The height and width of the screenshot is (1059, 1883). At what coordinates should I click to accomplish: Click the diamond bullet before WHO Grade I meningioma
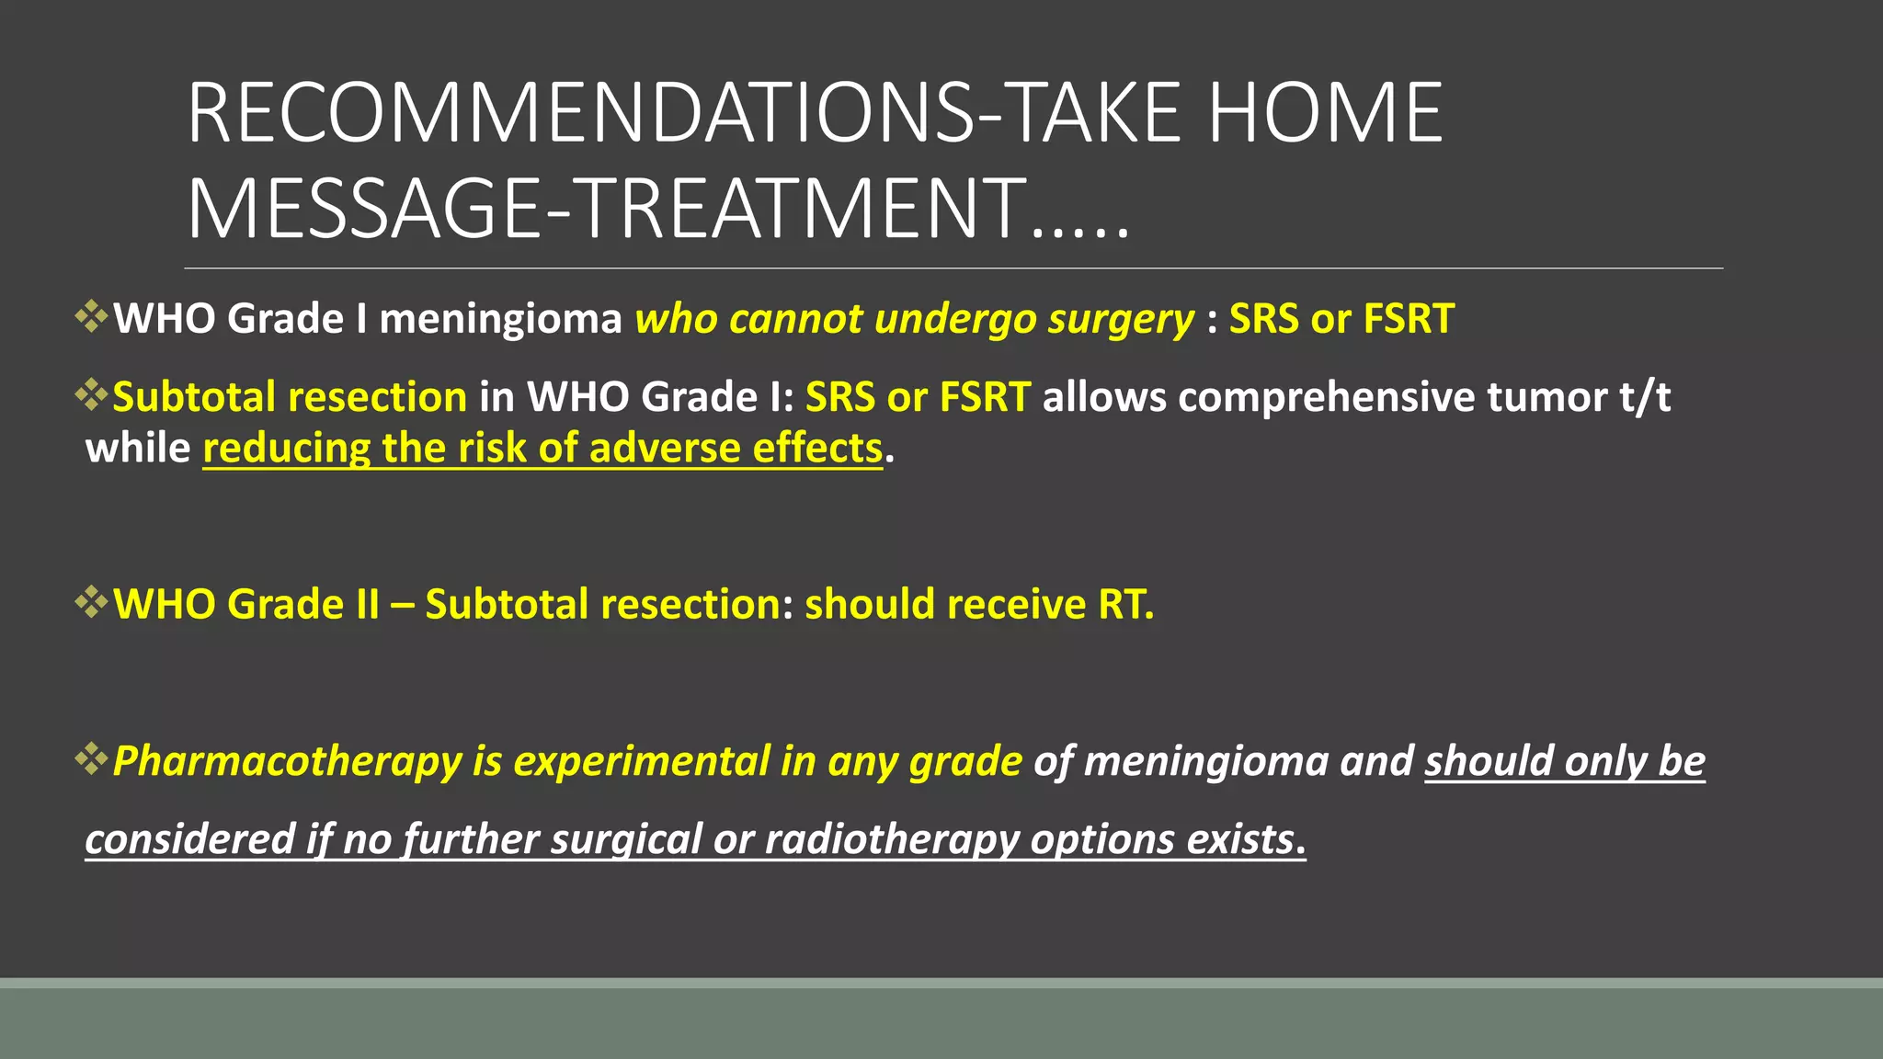point(92,317)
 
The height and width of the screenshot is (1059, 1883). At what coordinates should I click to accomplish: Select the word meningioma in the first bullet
point(500,320)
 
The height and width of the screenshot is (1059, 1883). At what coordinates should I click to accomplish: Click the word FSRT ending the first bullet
point(1408,319)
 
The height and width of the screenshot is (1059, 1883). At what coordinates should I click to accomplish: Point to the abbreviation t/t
point(1645,397)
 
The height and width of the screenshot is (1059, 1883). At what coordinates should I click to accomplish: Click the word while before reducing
point(137,449)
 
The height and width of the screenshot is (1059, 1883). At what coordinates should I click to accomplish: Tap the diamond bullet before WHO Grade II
point(92,603)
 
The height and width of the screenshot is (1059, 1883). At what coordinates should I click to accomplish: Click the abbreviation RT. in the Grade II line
point(1125,605)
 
